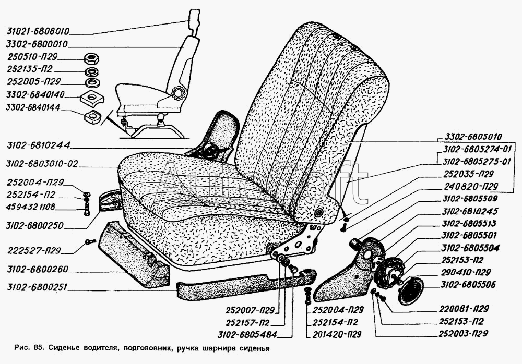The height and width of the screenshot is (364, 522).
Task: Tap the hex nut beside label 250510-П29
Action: pyautogui.click(x=92, y=57)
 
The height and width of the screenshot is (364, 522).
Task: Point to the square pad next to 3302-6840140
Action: pyautogui.click(x=92, y=96)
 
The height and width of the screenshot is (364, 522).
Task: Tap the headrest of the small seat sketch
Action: pyautogui.click(x=194, y=19)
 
